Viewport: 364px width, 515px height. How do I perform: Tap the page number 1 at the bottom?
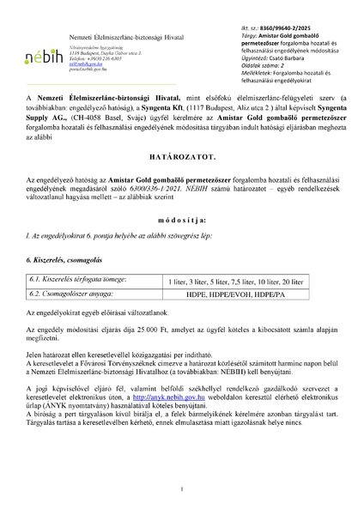[182, 489]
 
